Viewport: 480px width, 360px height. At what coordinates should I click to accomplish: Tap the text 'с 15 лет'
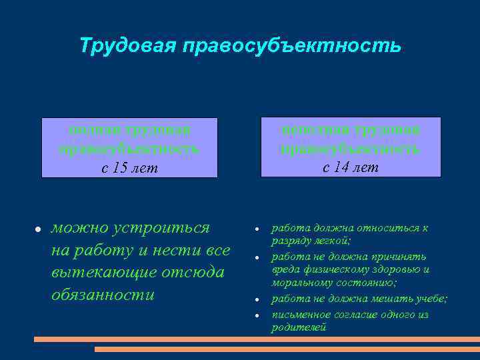[129, 168]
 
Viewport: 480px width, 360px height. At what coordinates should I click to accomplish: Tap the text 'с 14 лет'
[351, 167]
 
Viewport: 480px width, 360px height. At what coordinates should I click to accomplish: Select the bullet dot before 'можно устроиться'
[39, 229]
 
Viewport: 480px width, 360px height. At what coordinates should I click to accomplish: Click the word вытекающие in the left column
[99, 272]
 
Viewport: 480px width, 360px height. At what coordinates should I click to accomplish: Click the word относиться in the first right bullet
[382, 228]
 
